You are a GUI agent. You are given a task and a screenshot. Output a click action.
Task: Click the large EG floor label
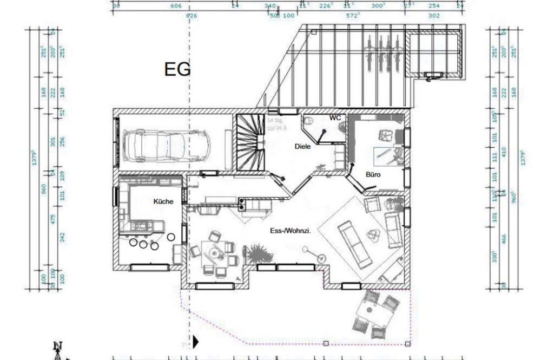click(177, 70)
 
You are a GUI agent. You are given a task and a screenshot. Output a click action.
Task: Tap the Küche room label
click(163, 201)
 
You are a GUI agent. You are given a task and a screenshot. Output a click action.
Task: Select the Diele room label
click(302, 147)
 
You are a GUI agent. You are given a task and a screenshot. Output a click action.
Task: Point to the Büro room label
click(373, 175)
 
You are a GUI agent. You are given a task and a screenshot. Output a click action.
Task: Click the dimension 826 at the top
click(190, 16)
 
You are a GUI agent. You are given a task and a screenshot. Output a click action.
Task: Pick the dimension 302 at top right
click(434, 16)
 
